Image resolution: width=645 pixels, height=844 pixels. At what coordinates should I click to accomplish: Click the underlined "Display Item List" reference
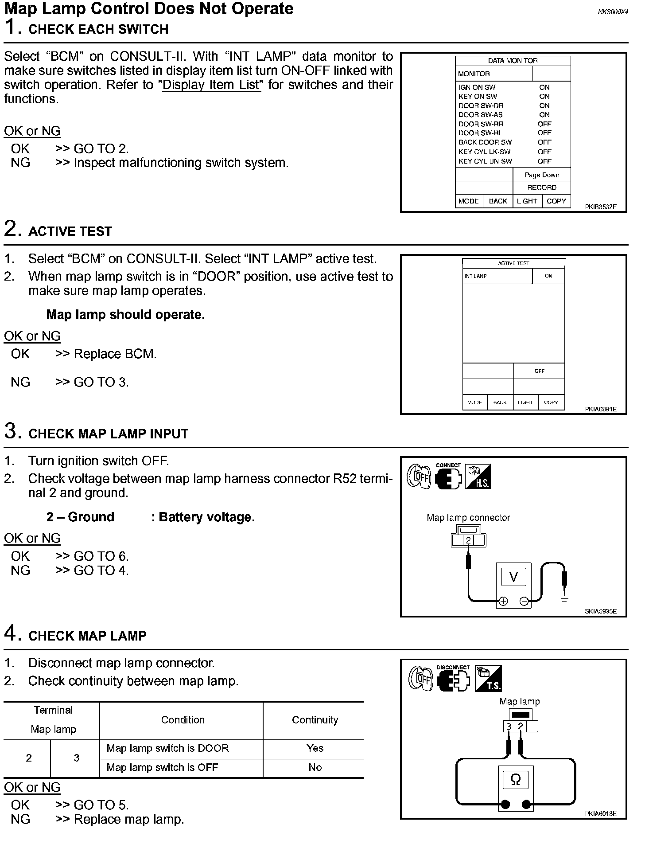tap(212, 85)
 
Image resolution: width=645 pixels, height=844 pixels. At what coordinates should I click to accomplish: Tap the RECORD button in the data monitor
tap(541, 188)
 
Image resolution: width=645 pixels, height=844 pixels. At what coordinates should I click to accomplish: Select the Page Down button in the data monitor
tap(541, 175)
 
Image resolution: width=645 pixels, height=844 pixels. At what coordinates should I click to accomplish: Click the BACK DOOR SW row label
tap(485, 142)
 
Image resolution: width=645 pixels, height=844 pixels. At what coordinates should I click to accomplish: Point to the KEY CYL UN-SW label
tap(485, 161)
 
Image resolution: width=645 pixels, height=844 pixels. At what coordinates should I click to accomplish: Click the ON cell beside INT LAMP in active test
tap(548, 276)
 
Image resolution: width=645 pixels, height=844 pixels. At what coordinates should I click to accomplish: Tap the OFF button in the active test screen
tap(539, 371)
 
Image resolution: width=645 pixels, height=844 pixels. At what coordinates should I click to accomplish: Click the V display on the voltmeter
tap(513, 577)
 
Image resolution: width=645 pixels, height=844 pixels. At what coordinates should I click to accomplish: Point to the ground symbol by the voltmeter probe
tap(564, 598)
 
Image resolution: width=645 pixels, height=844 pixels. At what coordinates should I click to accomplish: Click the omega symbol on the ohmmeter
tap(516, 780)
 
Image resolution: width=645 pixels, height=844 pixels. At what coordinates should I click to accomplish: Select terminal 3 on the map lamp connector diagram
tap(509, 727)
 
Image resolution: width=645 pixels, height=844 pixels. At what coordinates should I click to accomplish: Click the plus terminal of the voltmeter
tap(503, 602)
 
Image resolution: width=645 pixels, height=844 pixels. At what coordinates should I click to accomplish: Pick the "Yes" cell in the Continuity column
tap(315, 748)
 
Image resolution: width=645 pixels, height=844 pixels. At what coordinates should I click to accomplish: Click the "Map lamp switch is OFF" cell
tap(162, 767)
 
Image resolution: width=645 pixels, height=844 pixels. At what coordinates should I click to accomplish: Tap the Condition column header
tap(183, 720)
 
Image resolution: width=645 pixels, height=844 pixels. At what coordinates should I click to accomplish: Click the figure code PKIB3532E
tap(600, 207)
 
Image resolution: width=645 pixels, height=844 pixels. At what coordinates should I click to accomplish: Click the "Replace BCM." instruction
tap(115, 354)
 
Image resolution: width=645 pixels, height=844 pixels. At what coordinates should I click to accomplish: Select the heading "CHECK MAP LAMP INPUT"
tap(108, 434)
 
